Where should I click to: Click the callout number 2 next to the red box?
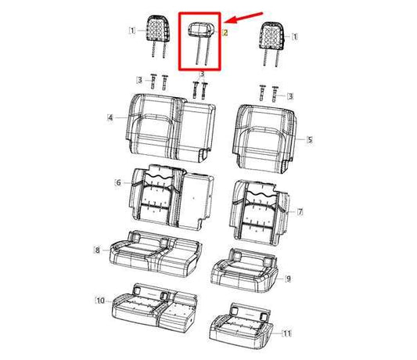pyautogui.click(x=225, y=33)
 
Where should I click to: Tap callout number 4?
pyautogui.click(x=110, y=117)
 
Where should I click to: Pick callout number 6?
pyautogui.click(x=118, y=182)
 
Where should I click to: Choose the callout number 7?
pyautogui.click(x=300, y=212)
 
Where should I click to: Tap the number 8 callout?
pyautogui.click(x=96, y=250)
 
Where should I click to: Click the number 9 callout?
pyautogui.click(x=288, y=278)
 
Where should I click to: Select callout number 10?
pyautogui.click(x=99, y=300)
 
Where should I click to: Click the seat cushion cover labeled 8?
pyautogui.click(x=153, y=254)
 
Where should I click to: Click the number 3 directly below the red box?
pyautogui.click(x=201, y=74)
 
